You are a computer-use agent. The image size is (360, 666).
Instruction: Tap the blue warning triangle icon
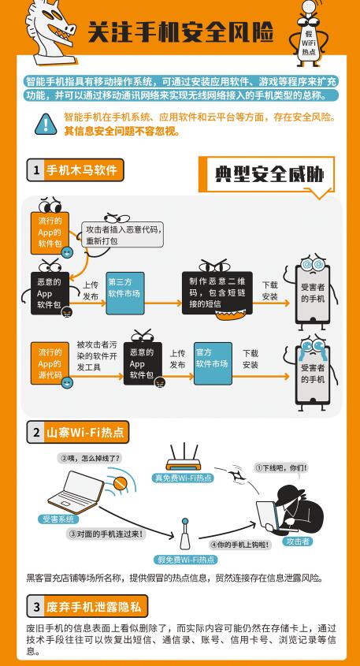pos(45,125)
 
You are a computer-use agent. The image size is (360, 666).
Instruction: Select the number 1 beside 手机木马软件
pos(36,170)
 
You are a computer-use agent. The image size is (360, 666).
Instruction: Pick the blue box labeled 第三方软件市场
pos(124,293)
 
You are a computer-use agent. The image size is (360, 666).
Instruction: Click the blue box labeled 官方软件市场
pos(213,363)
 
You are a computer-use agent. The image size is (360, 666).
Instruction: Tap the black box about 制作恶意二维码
pos(217,292)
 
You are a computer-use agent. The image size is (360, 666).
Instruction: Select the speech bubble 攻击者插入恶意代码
pos(122,234)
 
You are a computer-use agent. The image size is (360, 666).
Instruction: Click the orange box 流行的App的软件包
pos(50,233)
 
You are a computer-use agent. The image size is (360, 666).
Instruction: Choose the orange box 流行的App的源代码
pos(50,363)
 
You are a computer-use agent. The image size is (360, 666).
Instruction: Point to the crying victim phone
pos(313,373)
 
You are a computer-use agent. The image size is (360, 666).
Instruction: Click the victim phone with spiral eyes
pos(313,293)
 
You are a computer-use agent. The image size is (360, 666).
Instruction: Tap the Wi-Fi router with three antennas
pos(183,458)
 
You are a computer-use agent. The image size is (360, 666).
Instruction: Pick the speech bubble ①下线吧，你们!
pos(281,467)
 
